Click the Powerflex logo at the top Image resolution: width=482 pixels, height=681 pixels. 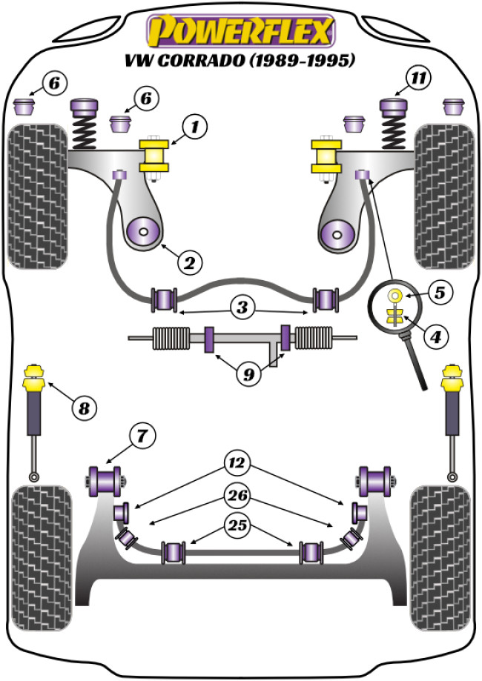(241, 30)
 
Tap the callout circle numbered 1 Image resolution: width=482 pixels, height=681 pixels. (195, 127)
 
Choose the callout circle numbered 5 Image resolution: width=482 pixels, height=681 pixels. (439, 293)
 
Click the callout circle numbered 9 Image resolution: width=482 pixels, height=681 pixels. (248, 374)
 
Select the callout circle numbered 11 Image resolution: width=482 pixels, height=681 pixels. (419, 76)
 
